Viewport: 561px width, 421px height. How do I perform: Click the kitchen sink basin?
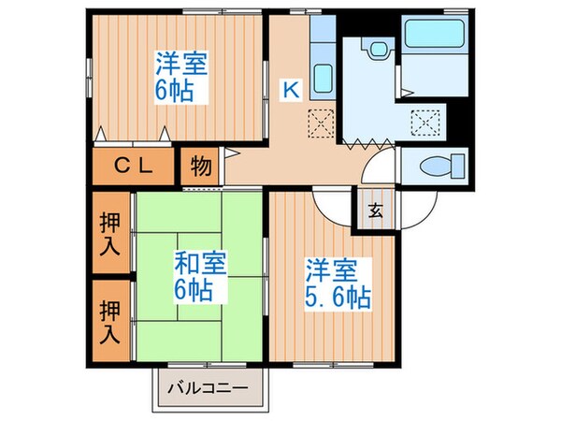(x=323, y=77)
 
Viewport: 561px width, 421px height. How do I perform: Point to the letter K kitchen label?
(x=291, y=90)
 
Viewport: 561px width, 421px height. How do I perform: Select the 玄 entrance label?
(x=375, y=210)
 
